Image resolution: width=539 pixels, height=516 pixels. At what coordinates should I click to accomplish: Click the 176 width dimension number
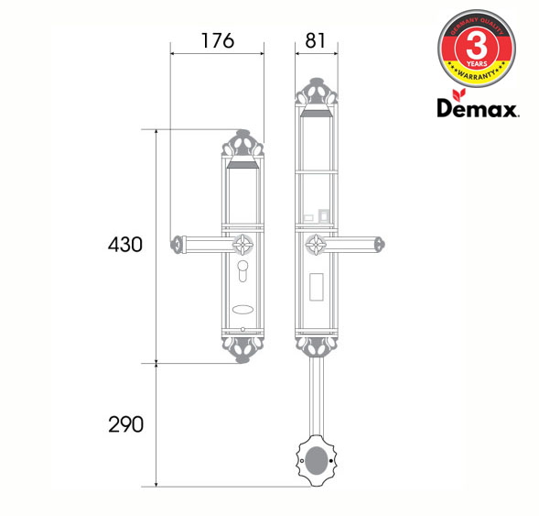(x=217, y=40)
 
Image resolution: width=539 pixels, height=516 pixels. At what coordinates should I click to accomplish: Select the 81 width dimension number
(x=315, y=40)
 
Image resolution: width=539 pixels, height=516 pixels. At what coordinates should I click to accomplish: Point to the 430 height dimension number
(x=125, y=245)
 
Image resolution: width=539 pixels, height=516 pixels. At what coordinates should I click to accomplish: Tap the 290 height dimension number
(x=125, y=424)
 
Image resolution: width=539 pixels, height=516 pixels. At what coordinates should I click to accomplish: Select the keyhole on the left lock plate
(x=243, y=271)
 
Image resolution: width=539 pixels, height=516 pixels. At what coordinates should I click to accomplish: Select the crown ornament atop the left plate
(x=243, y=142)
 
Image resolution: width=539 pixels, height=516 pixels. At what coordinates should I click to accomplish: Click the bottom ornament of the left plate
(x=243, y=347)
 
